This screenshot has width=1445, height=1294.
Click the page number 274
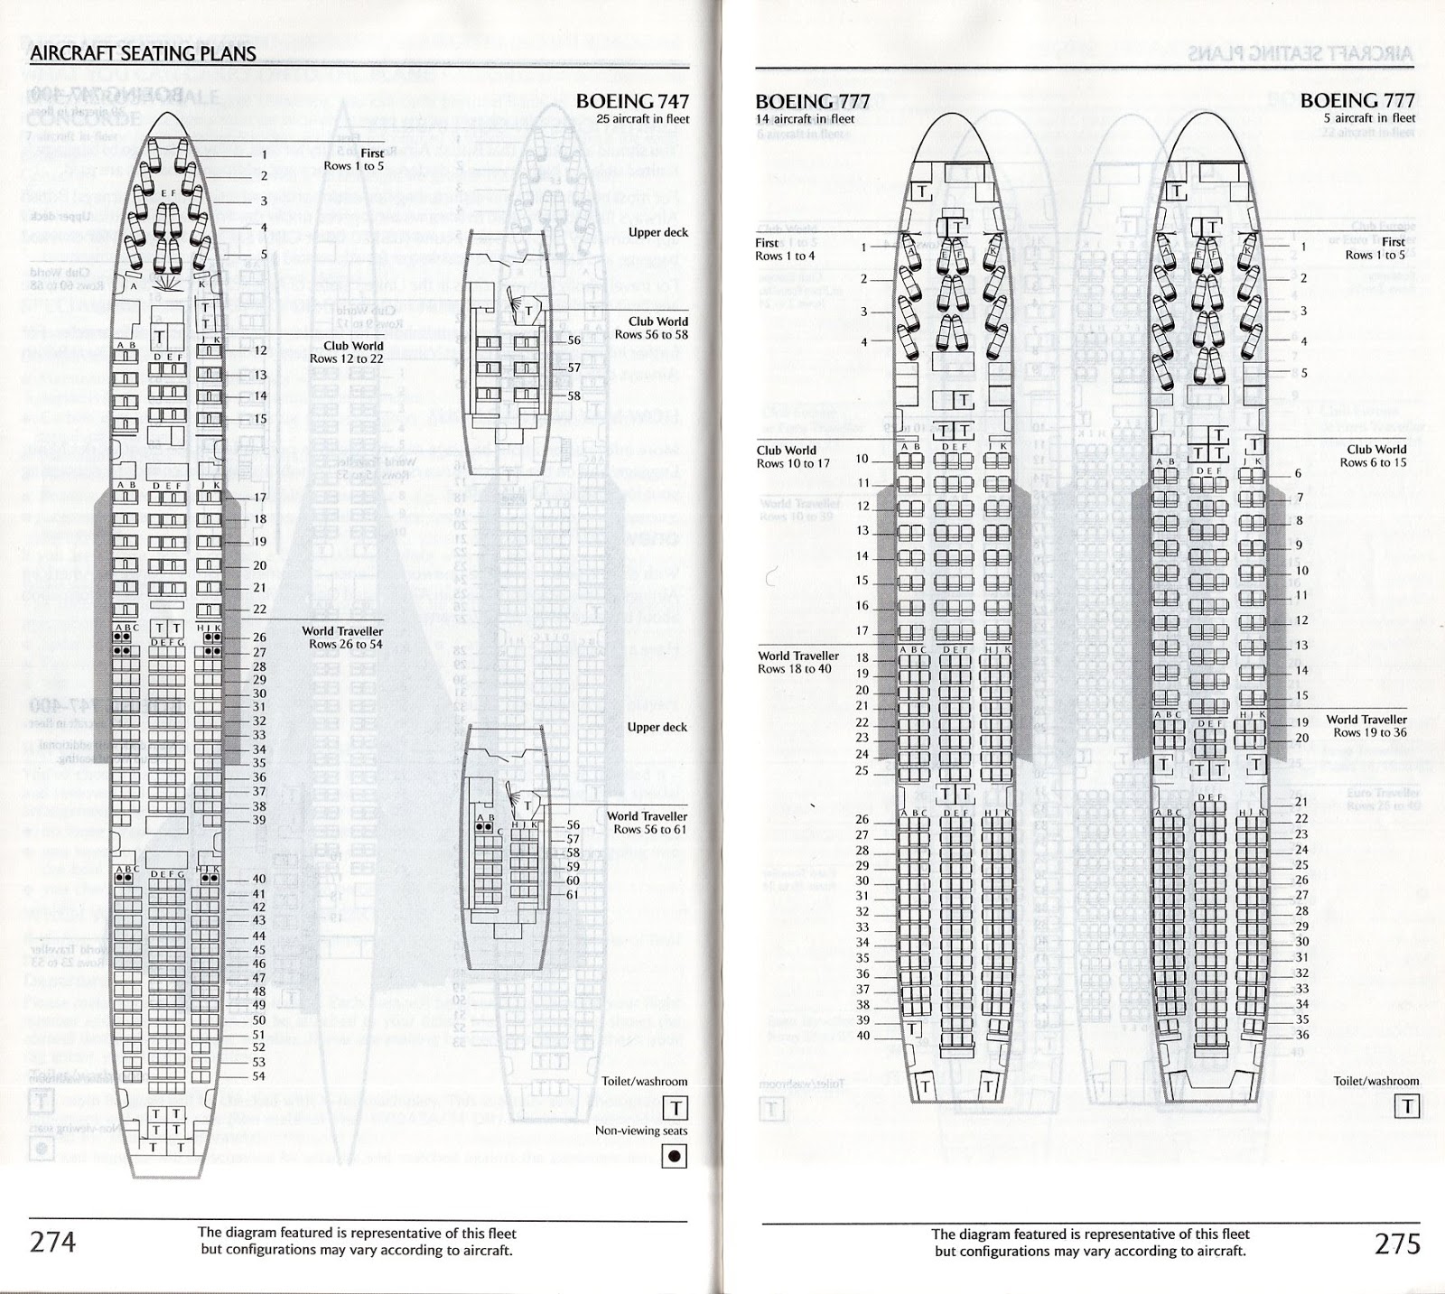tap(53, 1243)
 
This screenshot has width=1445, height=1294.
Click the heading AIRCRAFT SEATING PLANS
tap(143, 53)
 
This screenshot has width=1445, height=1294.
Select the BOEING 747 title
tap(631, 102)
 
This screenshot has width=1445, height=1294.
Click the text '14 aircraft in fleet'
tap(805, 118)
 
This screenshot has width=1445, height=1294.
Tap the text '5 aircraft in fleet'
tap(1370, 118)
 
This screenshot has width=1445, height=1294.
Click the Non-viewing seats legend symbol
tap(675, 1156)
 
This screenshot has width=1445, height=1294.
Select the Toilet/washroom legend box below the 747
tap(675, 1107)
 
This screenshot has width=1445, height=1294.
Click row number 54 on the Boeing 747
tap(258, 1075)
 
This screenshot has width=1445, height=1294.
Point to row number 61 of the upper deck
tap(573, 895)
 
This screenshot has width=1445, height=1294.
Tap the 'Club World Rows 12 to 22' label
tap(346, 352)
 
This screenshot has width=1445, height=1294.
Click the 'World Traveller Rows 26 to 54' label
tap(345, 638)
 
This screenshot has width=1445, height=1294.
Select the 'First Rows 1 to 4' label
tap(784, 249)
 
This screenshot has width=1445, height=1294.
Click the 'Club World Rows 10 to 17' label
tap(792, 457)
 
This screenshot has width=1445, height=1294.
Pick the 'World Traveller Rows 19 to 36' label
tap(1366, 726)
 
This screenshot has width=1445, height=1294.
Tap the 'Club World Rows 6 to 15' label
tap(1375, 456)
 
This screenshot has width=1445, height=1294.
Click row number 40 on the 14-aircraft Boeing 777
tap(862, 1035)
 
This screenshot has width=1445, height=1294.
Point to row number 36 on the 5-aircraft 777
tap(1301, 1035)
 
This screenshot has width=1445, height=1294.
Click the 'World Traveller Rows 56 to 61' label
tap(647, 823)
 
